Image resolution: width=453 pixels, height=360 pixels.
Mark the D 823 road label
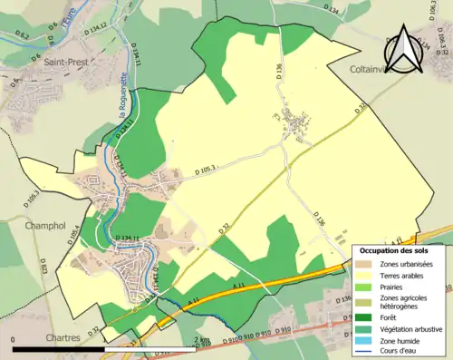(43, 267)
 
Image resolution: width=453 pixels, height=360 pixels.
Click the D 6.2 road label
(24, 37)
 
